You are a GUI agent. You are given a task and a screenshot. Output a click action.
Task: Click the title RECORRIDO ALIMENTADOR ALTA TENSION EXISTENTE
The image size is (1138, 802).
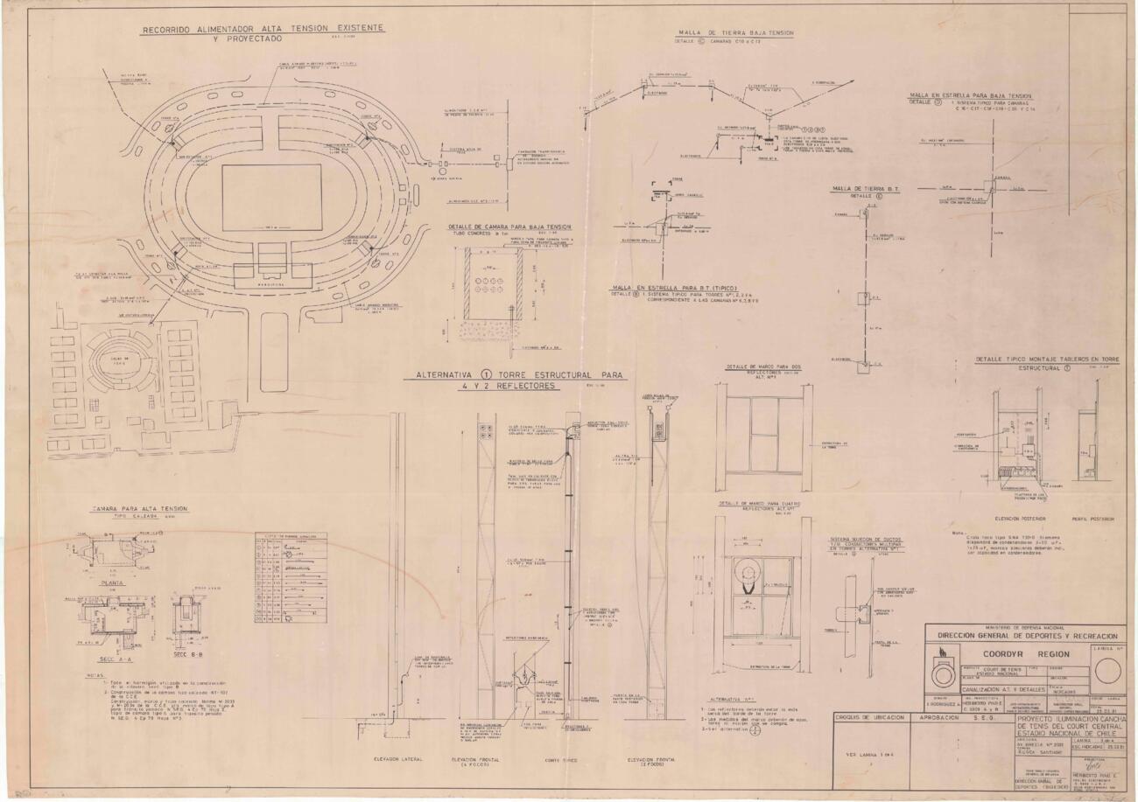pos(263,29)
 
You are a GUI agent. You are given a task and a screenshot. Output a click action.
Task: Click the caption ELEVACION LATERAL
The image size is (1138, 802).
pos(397,759)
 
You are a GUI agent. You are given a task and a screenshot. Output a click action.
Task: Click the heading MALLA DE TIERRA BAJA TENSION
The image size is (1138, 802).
pos(736,33)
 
